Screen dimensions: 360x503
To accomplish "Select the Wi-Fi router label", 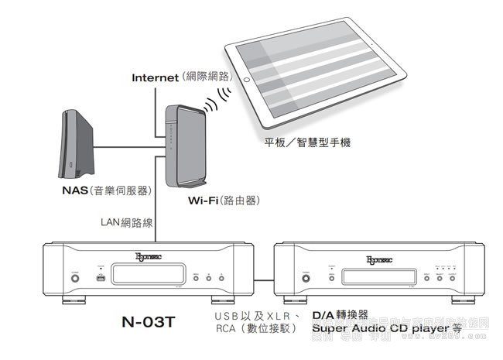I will pyautogui.click(x=205, y=200).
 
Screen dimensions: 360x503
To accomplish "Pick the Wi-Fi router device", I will pyautogui.click(x=183, y=145).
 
